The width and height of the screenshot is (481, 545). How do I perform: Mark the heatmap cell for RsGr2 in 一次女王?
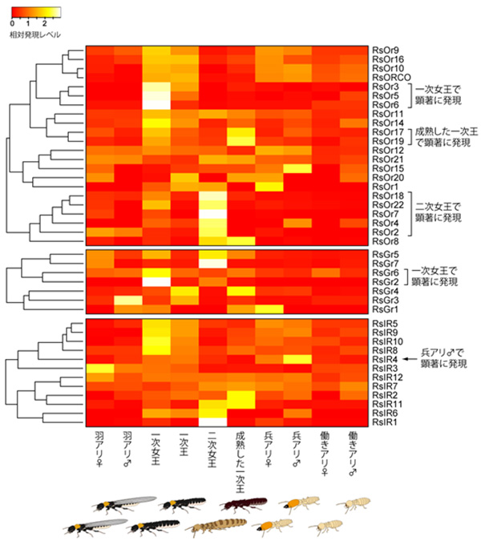(x=156, y=282)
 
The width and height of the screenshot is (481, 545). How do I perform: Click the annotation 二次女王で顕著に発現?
(x=440, y=211)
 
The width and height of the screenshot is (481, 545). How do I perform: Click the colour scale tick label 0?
(x=12, y=25)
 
